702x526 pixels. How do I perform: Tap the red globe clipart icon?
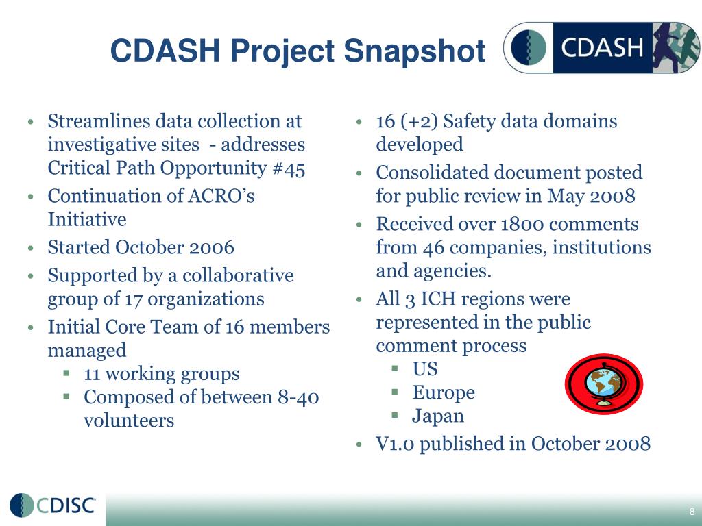[603, 384]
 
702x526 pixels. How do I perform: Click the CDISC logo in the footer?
[53, 505]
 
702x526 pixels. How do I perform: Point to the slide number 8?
[692, 512]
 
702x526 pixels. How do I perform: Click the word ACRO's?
[221, 196]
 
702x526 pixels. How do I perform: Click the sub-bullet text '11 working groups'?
[161, 374]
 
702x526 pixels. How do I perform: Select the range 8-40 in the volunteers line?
[298, 397]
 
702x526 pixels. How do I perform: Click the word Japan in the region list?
[437, 416]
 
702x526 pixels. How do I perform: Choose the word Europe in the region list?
[443, 392]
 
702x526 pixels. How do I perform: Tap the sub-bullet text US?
[424, 369]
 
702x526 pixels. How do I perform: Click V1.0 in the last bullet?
[395, 444]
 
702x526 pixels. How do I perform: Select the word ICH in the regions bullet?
[437, 299]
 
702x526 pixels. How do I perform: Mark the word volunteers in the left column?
[128, 421]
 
